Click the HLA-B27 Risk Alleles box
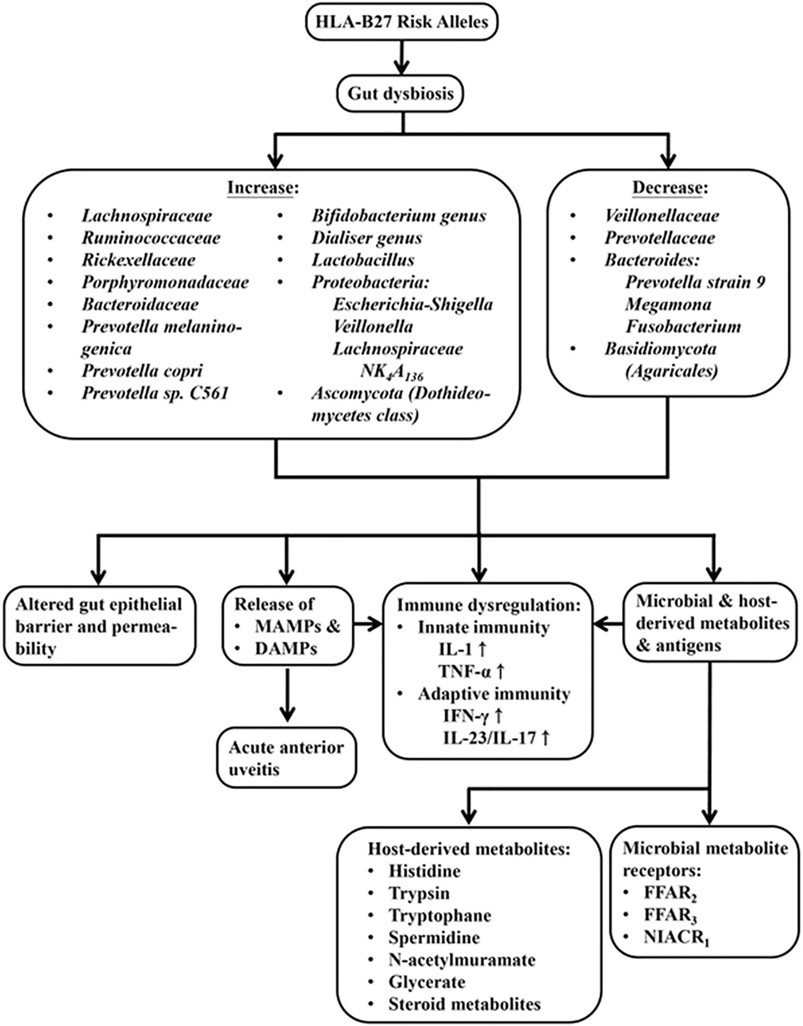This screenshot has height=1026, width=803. [401, 22]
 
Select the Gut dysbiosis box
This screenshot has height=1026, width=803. [400, 94]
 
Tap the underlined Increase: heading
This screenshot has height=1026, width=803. [262, 188]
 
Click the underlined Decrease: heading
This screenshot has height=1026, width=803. [670, 188]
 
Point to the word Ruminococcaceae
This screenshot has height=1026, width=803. [151, 238]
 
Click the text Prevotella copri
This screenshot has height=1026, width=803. [142, 371]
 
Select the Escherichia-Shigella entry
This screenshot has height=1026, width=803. [412, 305]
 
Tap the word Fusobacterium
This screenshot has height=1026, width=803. [683, 327]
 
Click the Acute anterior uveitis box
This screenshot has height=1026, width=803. [287, 758]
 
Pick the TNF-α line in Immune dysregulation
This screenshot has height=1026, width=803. [471, 671]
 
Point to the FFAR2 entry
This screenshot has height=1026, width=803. [670, 893]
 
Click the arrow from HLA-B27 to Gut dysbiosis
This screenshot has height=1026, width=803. [401, 56]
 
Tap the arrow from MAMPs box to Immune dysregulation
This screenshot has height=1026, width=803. [368, 626]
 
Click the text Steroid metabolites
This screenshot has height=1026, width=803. [464, 1004]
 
